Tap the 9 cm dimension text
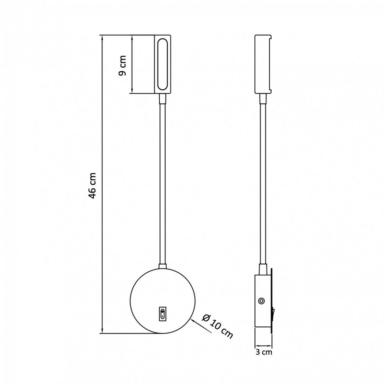[x=122, y=66]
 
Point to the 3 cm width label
[x=264, y=352]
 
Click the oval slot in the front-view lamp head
[x=163, y=64]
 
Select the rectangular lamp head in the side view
[x=263, y=64]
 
